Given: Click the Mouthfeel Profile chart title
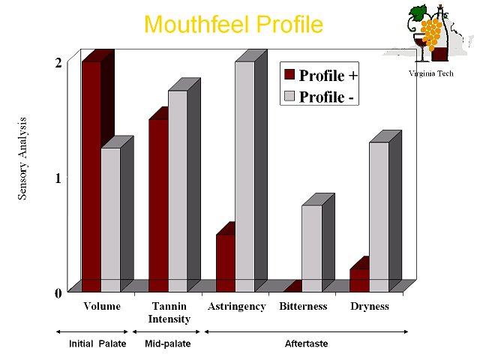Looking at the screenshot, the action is pyautogui.click(x=233, y=24).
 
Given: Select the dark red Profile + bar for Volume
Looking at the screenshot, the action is pyautogui.click(x=91, y=177).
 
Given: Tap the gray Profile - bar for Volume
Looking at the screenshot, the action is pyautogui.click(x=111, y=220).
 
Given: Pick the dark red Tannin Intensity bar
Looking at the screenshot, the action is pyautogui.click(x=158, y=205).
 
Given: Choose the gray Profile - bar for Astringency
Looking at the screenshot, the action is pyautogui.click(x=245, y=177).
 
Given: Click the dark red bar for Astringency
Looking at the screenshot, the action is pyautogui.click(x=226, y=263).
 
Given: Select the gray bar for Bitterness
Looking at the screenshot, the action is pyautogui.click(x=312, y=248).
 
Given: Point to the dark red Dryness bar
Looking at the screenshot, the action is pyautogui.click(x=360, y=280).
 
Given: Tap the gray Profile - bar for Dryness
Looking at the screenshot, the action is pyautogui.click(x=379, y=217).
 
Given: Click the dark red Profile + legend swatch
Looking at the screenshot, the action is pyautogui.click(x=289, y=74).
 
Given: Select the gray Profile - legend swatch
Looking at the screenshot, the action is pyautogui.click(x=289, y=96).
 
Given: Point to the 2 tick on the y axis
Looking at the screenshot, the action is pyautogui.click(x=58, y=63).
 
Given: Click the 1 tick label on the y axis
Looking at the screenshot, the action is pyautogui.click(x=58, y=178).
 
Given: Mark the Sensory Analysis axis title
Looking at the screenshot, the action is pyautogui.click(x=22, y=158).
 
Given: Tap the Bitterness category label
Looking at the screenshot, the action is pyautogui.click(x=303, y=306).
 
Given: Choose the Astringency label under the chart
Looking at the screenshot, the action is pyautogui.click(x=237, y=307).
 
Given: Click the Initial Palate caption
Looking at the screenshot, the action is pyautogui.click(x=97, y=343).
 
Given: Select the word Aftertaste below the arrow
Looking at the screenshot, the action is pyautogui.click(x=307, y=343).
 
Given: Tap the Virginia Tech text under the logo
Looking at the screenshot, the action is pyautogui.click(x=431, y=73).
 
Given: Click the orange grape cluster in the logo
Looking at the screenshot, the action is pyautogui.click(x=431, y=34).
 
